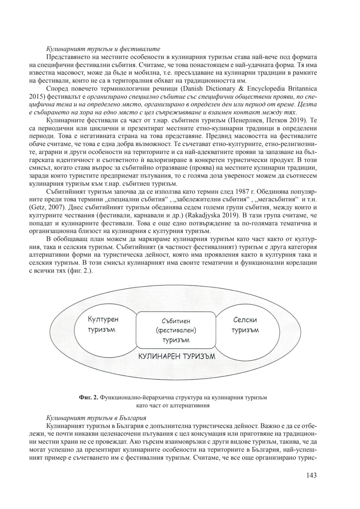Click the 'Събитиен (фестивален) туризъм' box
coord(176,330)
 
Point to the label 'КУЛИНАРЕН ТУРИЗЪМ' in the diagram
coord(177,356)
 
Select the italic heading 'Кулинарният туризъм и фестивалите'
coord(99,49)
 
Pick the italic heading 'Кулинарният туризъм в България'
coord(96,418)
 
